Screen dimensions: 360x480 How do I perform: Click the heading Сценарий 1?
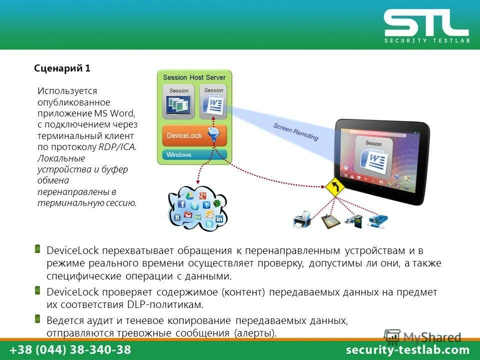(x=62, y=68)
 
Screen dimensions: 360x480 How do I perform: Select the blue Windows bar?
(x=194, y=154)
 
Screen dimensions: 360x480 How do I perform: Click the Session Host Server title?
(x=194, y=77)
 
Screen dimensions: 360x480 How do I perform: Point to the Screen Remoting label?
(x=295, y=131)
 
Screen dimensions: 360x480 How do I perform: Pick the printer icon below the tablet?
(x=302, y=218)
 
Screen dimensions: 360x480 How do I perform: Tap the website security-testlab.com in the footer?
(x=408, y=350)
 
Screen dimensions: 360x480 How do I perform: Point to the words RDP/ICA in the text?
(x=117, y=147)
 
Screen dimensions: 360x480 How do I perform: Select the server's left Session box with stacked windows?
(x=178, y=102)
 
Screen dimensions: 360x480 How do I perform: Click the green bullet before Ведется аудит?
(x=38, y=318)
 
